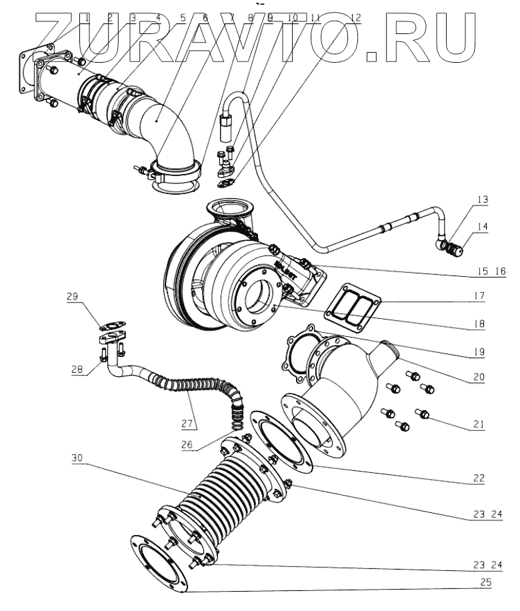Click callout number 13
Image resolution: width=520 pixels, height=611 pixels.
483,199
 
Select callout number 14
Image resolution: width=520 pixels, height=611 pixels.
483,226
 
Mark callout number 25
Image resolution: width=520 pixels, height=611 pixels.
487,582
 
